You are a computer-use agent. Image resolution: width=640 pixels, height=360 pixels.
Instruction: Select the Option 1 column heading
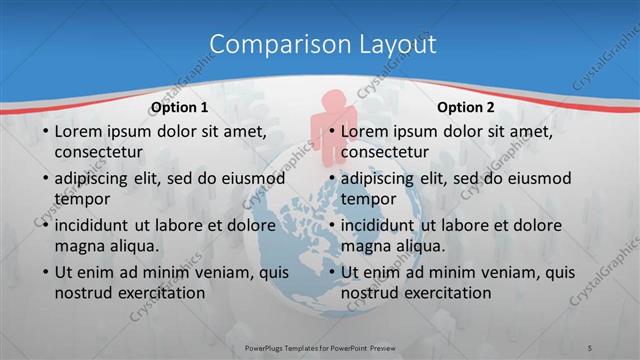pos(179,107)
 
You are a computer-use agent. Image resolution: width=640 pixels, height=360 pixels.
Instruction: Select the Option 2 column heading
pos(466,107)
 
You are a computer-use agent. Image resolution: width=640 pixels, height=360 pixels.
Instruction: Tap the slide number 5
pos(591,348)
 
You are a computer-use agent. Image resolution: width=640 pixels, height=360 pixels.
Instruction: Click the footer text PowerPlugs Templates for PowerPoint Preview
pos(319,348)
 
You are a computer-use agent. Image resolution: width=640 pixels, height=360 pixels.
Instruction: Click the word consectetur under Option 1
pos(98,152)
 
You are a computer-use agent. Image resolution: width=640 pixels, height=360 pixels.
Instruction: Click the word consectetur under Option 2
pos(385,152)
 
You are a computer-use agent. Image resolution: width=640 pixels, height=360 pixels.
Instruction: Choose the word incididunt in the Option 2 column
pos(384,225)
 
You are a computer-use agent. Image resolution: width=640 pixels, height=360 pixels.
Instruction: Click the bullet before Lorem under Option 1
pos(45,131)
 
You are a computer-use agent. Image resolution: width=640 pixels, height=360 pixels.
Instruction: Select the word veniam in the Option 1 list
pos(201,272)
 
